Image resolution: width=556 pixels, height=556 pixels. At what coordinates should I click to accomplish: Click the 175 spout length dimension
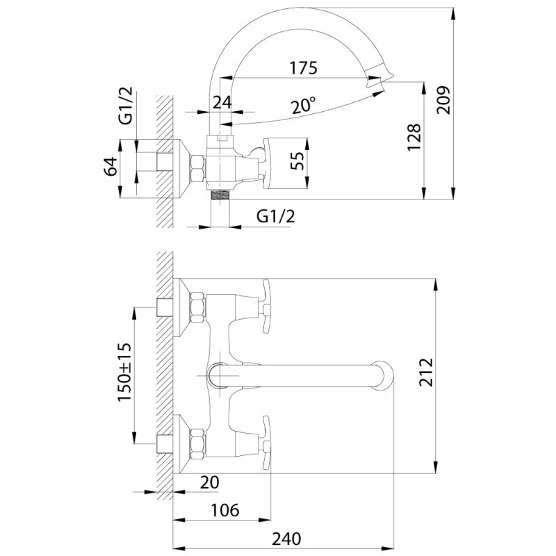(x=304, y=68)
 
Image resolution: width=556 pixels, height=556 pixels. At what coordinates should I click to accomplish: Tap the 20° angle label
(x=304, y=106)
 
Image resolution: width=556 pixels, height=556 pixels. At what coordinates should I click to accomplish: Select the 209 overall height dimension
(x=445, y=102)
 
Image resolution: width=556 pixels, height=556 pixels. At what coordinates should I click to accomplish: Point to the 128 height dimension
(x=414, y=138)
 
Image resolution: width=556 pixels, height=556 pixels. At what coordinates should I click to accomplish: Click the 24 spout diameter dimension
(x=222, y=102)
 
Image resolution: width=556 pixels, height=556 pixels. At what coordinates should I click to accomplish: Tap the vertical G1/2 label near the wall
(x=126, y=106)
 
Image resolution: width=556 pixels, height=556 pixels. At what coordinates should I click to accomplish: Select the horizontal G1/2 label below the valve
(x=276, y=216)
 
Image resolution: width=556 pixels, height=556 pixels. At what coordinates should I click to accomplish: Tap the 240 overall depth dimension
(x=286, y=539)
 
